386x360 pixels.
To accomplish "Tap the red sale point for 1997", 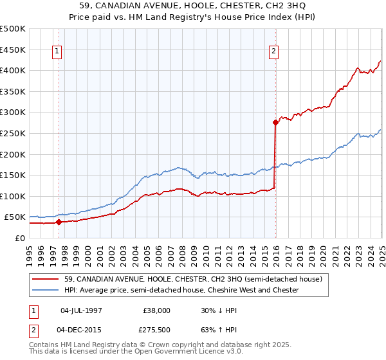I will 59,222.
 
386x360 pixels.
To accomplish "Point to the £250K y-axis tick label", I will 13,133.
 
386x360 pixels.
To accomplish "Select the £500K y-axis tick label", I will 13,29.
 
